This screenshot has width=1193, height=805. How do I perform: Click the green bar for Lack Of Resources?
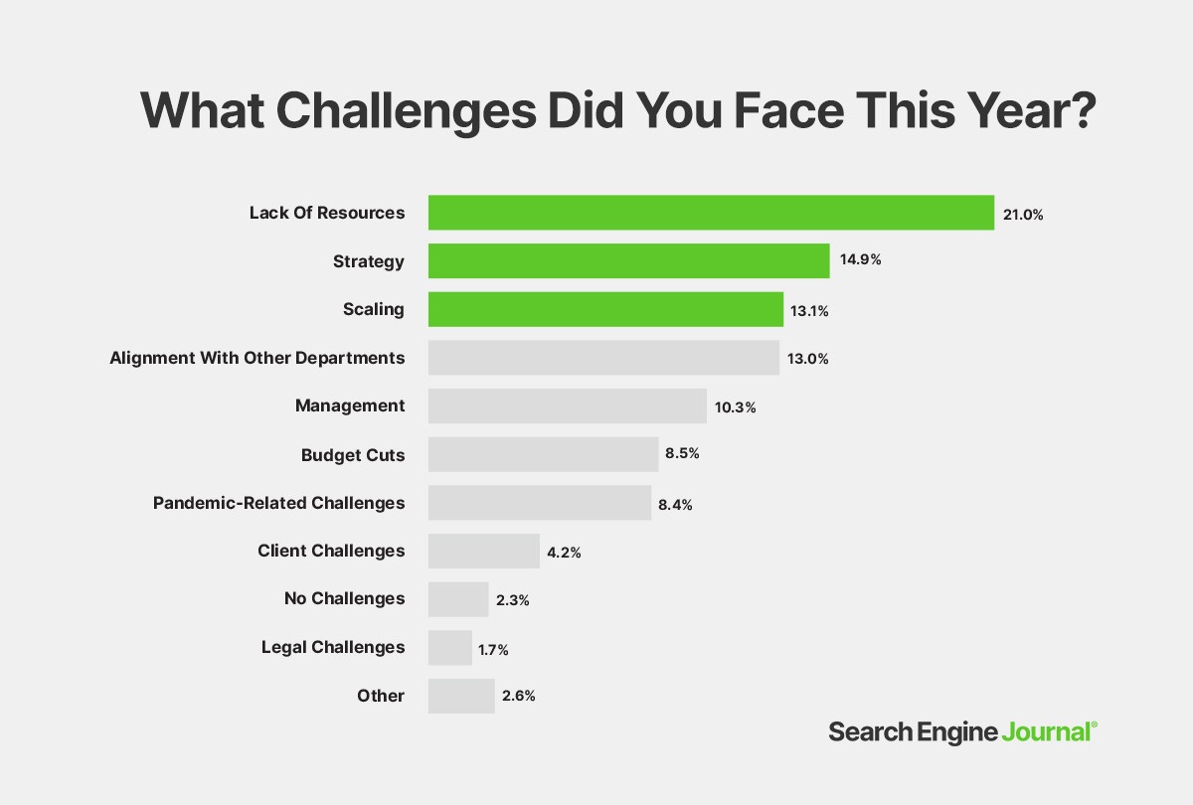[711, 213]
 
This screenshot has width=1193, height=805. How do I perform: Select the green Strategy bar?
[628, 261]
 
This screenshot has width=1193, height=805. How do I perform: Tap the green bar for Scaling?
[605, 309]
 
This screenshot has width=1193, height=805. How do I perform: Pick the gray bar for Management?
[567, 405]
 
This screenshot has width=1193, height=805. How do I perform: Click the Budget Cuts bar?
[543, 454]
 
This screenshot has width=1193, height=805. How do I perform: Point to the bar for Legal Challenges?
[450, 647]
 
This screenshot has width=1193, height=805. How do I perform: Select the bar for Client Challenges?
[484, 551]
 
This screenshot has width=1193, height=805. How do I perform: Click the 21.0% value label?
[1023, 214]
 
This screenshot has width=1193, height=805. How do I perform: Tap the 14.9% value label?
[861, 260]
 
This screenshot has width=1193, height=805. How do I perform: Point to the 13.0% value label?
[807, 358]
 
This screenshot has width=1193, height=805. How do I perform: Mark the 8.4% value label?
[674, 504]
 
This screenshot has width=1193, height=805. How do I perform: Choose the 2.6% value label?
[518, 696]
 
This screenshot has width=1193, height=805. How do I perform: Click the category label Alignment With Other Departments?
[257, 357]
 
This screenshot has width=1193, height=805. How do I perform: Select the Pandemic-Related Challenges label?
[278, 503]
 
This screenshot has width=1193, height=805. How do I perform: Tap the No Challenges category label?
[344, 598]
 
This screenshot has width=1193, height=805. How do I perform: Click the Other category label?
[381, 696]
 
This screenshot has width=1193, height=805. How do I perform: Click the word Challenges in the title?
[407, 109]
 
